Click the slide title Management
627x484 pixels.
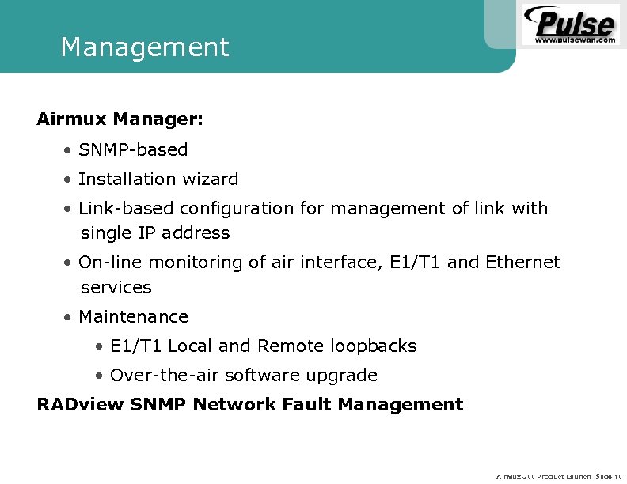[144, 47]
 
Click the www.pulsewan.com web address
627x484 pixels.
[576, 39]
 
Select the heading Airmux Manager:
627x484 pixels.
[120, 119]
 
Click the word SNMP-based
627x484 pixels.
[133, 149]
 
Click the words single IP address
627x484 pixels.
[155, 233]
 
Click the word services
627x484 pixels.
[116, 287]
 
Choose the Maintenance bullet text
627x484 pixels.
[133, 317]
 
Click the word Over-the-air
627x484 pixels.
[165, 376]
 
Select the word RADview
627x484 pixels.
[80, 405]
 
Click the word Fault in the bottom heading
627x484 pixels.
[309, 405]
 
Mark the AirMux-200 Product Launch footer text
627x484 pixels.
[543, 477]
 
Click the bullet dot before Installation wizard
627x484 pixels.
[70, 180]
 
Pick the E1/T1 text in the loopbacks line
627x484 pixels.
[136, 346]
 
